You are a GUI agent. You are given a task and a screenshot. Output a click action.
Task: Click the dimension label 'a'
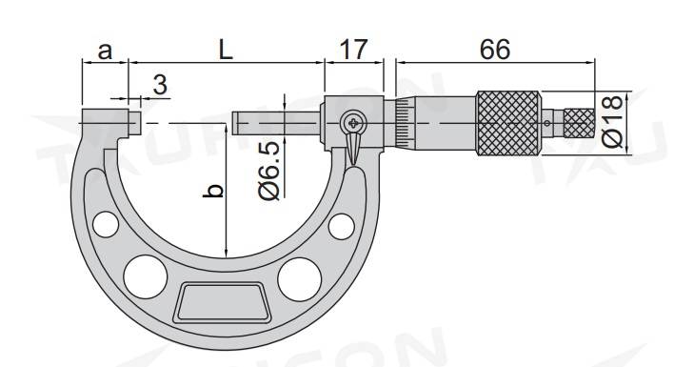coord(106,51)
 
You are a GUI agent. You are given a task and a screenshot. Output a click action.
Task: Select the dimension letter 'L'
coord(226,51)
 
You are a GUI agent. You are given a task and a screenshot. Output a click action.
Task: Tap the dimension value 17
coord(354,50)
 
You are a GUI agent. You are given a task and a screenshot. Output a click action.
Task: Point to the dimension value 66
coord(494,50)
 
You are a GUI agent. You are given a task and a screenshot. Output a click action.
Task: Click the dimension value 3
coord(159,85)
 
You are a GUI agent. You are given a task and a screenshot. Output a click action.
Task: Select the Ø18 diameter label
coord(614,121)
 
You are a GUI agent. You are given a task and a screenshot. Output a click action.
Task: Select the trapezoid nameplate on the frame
coord(220,304)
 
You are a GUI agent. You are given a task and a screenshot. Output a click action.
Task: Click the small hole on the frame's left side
coord(106,224)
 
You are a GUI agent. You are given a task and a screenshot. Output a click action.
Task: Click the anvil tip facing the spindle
coord(135,123)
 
